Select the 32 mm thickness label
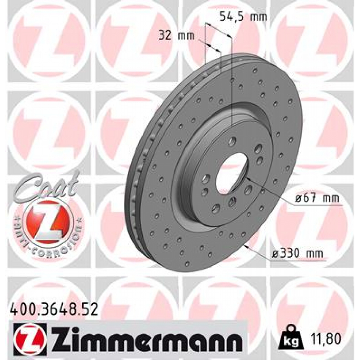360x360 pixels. coord(172,35)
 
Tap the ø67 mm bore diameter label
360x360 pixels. coord(317,199)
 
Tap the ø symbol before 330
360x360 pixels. coord(276,253)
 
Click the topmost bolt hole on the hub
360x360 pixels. coord(232,142)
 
